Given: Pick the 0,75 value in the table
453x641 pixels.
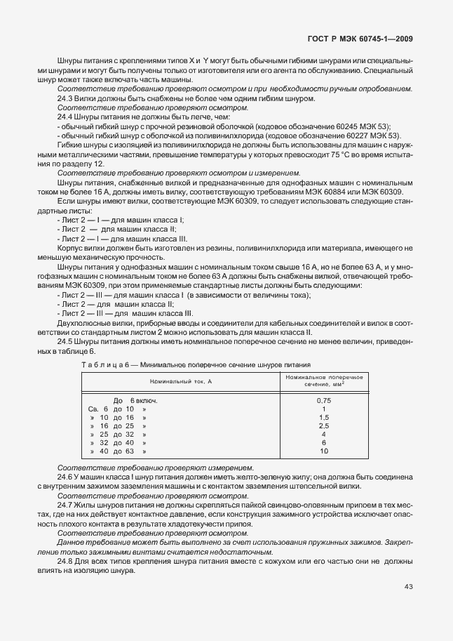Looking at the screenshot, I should click(x=323, y=399).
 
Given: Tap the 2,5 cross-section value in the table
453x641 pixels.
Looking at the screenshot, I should click(x=323, y=425).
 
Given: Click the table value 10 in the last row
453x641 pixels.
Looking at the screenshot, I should click(x=323, y=451).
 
